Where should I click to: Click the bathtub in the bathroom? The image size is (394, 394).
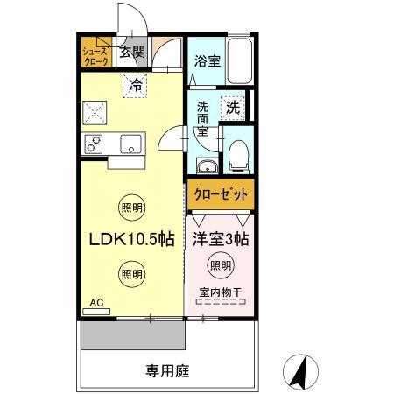[238, 63]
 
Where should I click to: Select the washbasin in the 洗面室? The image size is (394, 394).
[206, 167]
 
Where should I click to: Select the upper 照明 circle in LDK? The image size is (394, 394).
[130, 208]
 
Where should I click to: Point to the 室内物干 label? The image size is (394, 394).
[221, 292]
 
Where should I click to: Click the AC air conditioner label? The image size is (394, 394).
[96, 302]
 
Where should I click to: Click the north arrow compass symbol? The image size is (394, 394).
[300, 373]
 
